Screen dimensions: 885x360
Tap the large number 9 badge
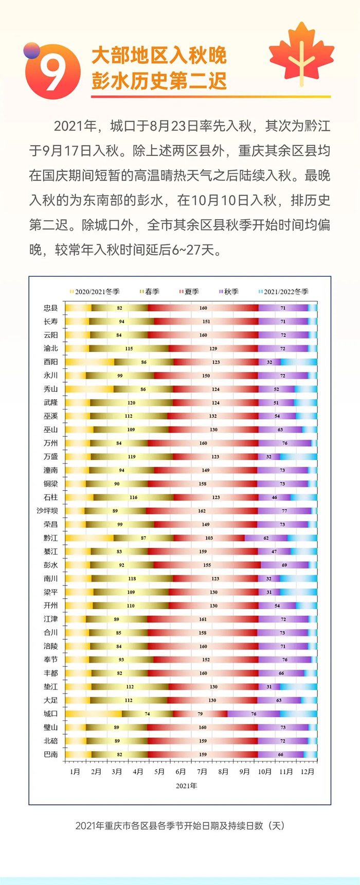52,72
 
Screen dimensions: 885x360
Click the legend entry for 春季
150,292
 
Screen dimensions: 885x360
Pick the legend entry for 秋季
229,292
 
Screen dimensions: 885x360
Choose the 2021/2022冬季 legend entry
283,292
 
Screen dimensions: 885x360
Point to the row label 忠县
51,308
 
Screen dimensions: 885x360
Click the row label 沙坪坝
47,511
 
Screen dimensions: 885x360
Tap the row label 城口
51,714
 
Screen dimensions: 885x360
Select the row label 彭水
51,565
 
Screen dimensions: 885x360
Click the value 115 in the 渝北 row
129,349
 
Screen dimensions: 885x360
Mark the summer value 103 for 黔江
209,538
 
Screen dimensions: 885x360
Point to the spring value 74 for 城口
148,714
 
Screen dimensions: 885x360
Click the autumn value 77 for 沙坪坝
284,511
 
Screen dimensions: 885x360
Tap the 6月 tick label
181,772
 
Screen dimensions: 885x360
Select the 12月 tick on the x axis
308,772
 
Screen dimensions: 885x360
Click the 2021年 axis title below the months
186,786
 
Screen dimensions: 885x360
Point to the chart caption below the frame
180,826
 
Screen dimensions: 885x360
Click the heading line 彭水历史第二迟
159,81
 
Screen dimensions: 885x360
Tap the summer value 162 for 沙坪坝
202,511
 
